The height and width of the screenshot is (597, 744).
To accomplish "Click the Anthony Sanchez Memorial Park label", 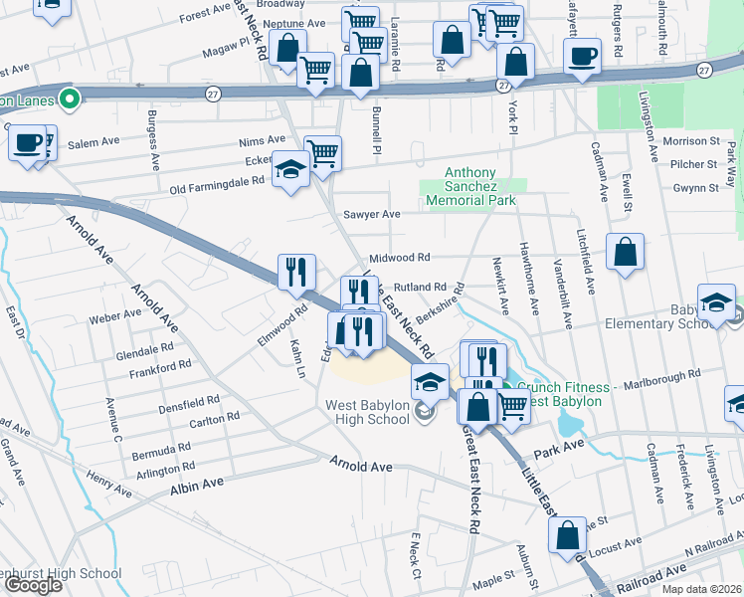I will [470, 186].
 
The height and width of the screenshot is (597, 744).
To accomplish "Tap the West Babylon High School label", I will [368, 412].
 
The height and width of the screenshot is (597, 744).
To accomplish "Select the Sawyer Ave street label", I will [371, 214].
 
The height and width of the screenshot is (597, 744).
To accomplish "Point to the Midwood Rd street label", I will [399, 256].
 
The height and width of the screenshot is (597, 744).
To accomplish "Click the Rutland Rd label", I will [402, 288].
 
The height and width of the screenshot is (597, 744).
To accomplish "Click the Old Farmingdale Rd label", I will [217, 181].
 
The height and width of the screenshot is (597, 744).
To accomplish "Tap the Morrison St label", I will [689, 141].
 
